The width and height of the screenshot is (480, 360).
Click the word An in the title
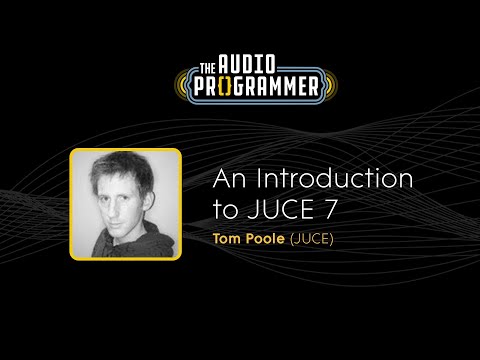click(229, 181)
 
